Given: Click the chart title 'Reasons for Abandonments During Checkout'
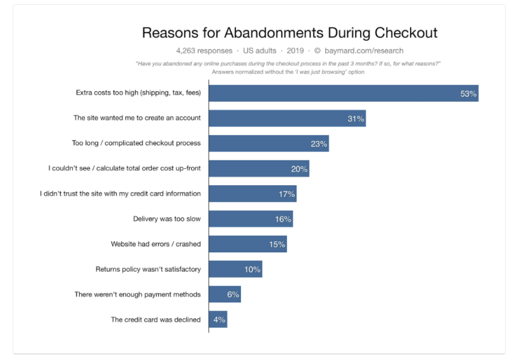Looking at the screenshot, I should pyautogui.click(x=289, y=33).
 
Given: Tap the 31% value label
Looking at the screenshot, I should pyautogui.click(x=356, y=118).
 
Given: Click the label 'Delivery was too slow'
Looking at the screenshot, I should pyautogui.click(x=167, y=219).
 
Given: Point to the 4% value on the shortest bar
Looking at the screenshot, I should pyautogui.click(x=220, y=320).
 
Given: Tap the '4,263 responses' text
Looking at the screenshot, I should pyautogui.click(x=204, y=51).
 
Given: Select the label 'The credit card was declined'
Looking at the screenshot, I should pyautogui.click(x=156, y=320).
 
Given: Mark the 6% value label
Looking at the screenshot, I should pyautogui.click(x=233, y=295).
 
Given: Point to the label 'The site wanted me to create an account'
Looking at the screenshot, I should pyautogui.click(x=137, y=118).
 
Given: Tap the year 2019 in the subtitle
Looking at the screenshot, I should pyautogui.click(x=295, y=51).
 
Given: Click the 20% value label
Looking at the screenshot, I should pyautogui.click(x=299, y=169).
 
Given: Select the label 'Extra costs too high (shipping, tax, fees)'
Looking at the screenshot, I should pyautogui.click(x=138, y=93).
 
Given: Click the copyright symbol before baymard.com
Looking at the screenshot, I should pyautogui.click(x=317, y=51).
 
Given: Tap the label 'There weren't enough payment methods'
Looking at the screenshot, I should pyautogui.click(x=137, y=295).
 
